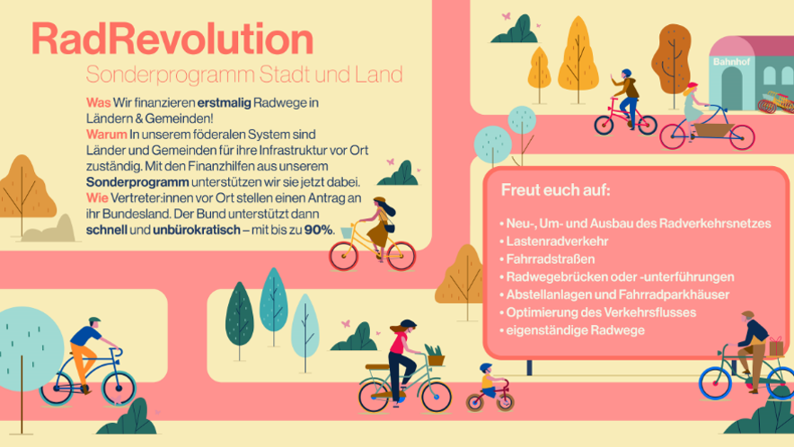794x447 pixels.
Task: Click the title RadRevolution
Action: coord(172,39)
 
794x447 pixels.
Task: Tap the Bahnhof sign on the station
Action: coord(731,62)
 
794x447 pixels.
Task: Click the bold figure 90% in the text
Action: coord(319,230)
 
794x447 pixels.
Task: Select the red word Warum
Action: coord(106,135)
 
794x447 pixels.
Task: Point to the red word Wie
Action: coord(97,197)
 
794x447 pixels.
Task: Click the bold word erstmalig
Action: coord(224,102)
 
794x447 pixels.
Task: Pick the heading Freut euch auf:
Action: coord(555,190)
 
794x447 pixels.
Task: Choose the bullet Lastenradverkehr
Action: coord(557,241)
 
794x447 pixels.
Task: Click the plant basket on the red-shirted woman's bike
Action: coord(436,355)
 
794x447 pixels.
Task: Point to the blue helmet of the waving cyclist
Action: coord(626,74)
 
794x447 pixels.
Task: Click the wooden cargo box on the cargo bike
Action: coord(713,130)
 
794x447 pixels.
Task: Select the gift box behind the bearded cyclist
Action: coord(776,346)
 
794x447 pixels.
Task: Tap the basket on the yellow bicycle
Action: coord(347,232)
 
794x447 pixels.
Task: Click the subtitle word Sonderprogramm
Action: coord(170,74)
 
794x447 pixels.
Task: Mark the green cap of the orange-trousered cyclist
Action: coord(94,320)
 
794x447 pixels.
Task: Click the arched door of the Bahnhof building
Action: coord(731,88)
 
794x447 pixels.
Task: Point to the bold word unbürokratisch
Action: coord(197,230)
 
